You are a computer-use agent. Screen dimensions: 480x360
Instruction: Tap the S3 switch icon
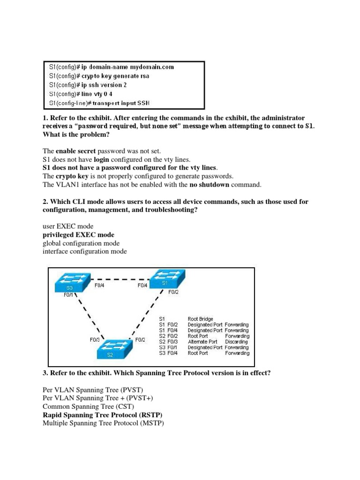(71, 283)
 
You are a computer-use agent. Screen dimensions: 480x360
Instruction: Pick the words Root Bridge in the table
(201, 319)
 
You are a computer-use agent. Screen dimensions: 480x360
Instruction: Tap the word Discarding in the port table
(237, 342)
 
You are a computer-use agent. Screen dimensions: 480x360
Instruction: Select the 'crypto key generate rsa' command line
(99, 76)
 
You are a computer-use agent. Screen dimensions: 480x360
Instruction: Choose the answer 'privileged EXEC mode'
(78, 234)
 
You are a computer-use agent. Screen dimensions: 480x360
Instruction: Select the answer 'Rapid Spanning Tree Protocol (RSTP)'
(103, 415)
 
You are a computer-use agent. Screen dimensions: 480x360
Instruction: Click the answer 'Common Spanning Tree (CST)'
(86, 406)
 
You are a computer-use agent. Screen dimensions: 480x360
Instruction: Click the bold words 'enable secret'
(76, 151)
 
